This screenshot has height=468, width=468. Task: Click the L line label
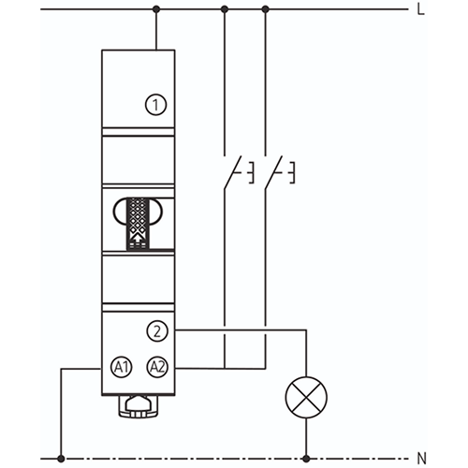[x=421, y=9]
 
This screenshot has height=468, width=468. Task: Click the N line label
[x=421, y=459]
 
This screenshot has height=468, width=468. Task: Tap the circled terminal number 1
[x=156, y=105]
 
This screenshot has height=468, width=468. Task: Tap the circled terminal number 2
[x=157, y=331]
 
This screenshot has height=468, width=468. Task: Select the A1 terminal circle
[x=122, y=367]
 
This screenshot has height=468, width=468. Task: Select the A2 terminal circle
[x=157, y=367]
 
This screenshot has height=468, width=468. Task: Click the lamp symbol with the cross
[x=306, y=398]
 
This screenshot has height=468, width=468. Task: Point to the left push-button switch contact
[x=232, y=172]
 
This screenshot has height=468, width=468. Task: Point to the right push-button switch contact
[x=273, y=172]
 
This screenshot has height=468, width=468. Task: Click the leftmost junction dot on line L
[x=156, y=9]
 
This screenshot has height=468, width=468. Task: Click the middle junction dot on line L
[x=225, y=9]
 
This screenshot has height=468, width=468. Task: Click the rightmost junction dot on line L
[x=266, y=9]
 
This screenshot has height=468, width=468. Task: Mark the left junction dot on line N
[x=61, y=459]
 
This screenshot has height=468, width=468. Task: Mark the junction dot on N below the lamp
[x=306, y=459]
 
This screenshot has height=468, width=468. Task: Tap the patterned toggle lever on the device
[x=138, y=224]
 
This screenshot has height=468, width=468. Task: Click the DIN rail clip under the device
[x=138, y=406]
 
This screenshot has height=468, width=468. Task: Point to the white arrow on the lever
[x=138, y=239]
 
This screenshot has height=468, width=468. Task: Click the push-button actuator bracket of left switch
[x=251, y=172]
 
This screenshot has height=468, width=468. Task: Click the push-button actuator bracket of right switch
[x=292, y=172]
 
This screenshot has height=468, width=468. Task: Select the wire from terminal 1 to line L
[x=156, y=30]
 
